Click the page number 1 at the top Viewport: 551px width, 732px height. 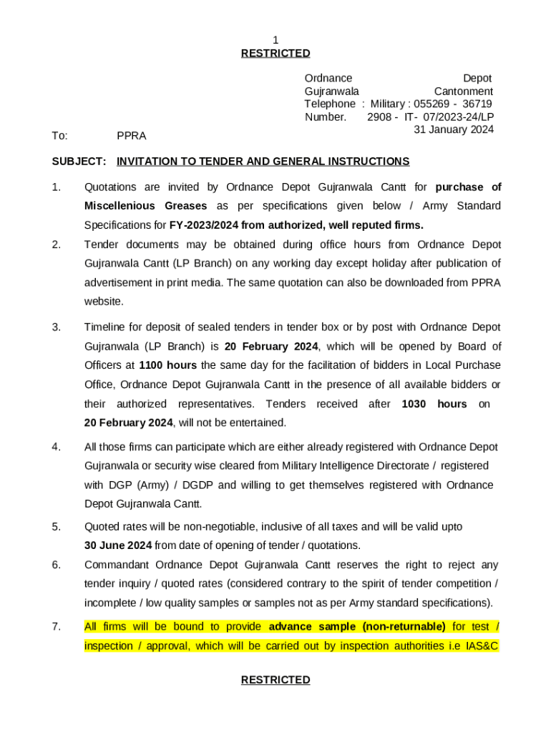pyautogui.click(x=275, y=40)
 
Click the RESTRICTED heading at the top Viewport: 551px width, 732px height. pyautogui.click(x=275, y=53)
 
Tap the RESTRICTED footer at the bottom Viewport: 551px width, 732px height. pyautogui.click(x=275, y=680)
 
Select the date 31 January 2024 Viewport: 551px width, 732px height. pyautogui.click(x=454, y=129)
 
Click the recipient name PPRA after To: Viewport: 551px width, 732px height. pyautogui.click(x=131, y=135)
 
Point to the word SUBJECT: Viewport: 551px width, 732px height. pyautogui.click(x=79, y=162)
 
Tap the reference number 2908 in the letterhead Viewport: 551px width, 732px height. pyautogui.click(x=379, y=117)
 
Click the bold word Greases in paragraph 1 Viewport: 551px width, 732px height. pyautogui.click(x=185, y=206)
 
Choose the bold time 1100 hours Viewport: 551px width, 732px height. pyautogui.click(x=167, y=365)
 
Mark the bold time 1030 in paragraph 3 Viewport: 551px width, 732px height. pyautogui.click(x=414, y=404)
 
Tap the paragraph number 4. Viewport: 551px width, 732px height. pyautogui.click(x=56, y=447)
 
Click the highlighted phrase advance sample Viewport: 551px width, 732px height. pyautogui.click(x=312, y=627)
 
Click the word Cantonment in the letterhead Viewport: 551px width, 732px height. pyautogui.click(x=463, y=91)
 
